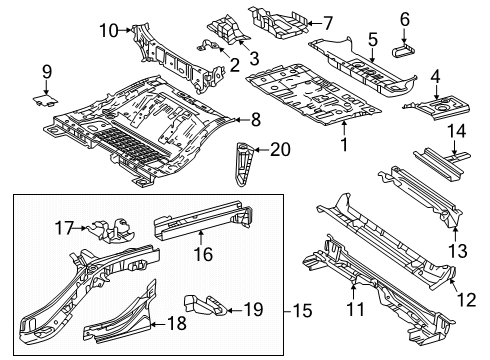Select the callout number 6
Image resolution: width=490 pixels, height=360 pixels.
click(x=405, y=19)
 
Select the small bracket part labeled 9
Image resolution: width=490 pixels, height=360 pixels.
click(x=44, y=98)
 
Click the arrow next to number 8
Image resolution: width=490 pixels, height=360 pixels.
click(x=241, y=120)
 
